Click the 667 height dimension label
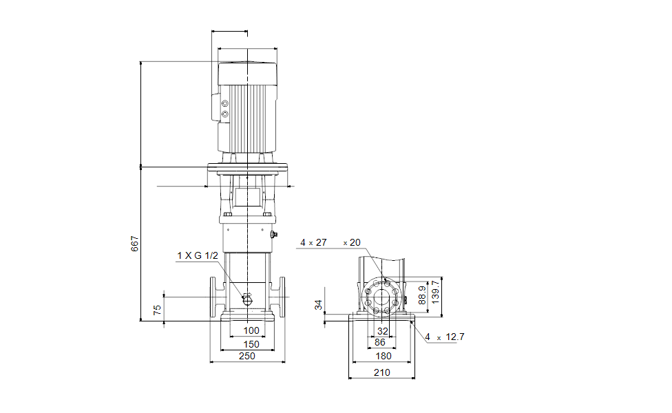click(x=135, y=244)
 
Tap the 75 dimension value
click(x=157, y=310)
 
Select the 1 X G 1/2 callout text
click(x=198, y=256)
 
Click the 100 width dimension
click(x=251, y=330)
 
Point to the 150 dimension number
click(x=251, y=344)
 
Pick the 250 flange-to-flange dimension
click(x=247, y=356)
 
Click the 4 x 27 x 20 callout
click(x=330, y=242)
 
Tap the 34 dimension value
click(x=318, y=305)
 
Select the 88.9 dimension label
click(x=422, y=295)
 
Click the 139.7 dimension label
click(x=435, y=292)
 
